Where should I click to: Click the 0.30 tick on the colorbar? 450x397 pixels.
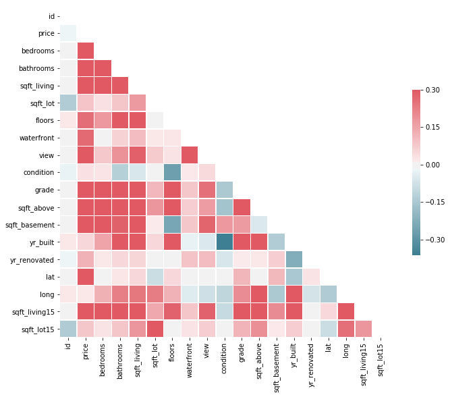coord(433,90)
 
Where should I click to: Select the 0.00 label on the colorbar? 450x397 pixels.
coord(433,165)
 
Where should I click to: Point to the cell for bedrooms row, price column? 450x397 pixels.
coord(86,51)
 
